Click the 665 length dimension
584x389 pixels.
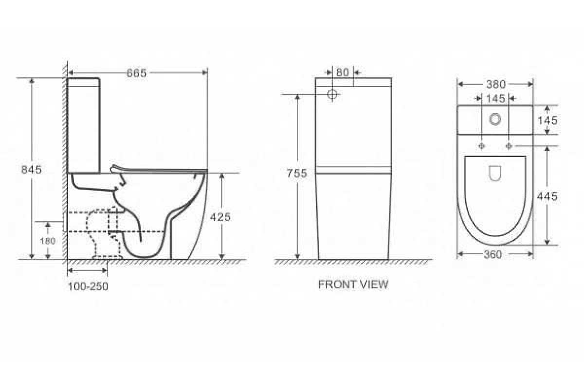point(137,73)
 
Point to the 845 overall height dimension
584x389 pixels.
point(31,170)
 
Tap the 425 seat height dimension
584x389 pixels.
point(220,217)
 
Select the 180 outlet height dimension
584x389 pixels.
point(48,241)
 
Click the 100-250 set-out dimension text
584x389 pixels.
point(88,286)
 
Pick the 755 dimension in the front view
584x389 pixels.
point(297,173)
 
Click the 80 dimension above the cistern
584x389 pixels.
point(342,72)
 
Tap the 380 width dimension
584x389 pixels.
point(496,85)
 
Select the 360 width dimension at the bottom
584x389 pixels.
point(493,255)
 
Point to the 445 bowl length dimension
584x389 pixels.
point(547,196)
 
